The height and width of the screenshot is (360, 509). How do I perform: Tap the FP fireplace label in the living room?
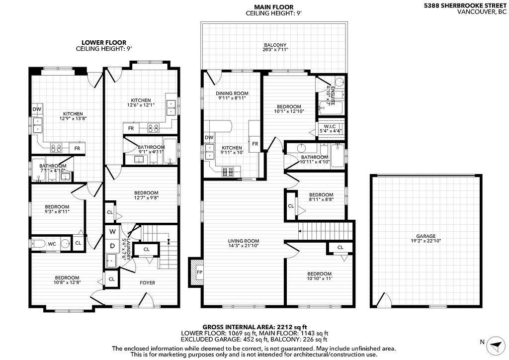point(199,272)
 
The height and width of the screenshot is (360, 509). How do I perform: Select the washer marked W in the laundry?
point(112,232)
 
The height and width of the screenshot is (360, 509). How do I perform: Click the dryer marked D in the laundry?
point(112,246)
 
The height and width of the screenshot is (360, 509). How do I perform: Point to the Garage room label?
point(426,236)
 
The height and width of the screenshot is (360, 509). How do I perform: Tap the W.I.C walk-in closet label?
point(330,127)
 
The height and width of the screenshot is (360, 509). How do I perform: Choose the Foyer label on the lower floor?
point(147,283)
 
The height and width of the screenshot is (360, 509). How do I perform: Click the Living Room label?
point(244,241)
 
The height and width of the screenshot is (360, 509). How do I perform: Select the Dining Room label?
point(232,93)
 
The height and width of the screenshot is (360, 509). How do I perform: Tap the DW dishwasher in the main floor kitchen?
point(209,138)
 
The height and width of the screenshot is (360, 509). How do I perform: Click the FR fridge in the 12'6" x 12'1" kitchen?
point(131,128)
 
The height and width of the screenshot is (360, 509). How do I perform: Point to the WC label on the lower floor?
point(52,244)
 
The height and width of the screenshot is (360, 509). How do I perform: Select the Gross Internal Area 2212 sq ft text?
point(255,327)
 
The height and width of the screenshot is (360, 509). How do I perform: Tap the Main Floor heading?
point(274,7)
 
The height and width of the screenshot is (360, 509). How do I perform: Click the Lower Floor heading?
point(104,43)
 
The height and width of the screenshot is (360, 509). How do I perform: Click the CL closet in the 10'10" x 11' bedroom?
point(340,248)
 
